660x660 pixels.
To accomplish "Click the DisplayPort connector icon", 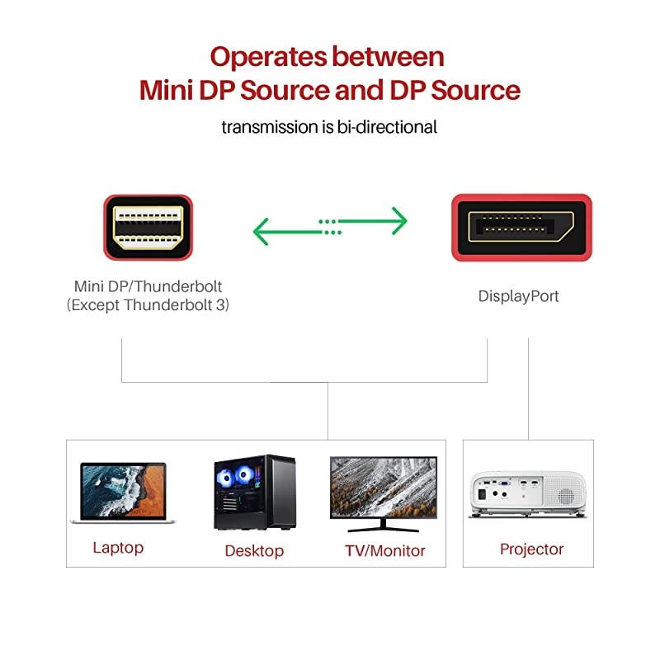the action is pyautogui.click(x=521, y=227).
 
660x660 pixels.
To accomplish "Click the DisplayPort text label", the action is pyautogui.click(x=518, y=295).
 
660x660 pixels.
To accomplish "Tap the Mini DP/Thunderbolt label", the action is pyautogui.click(x=148, y=287).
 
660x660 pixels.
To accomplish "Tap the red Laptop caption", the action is pyautogui.click(x=118, y=548).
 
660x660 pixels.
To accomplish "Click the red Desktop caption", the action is pyautogui.click(x=254, y=551).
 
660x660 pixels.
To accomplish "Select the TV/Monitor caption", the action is pyautogui.click(x=384, y=550).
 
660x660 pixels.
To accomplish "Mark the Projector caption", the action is pyautogui.click(x=531, y=549).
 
